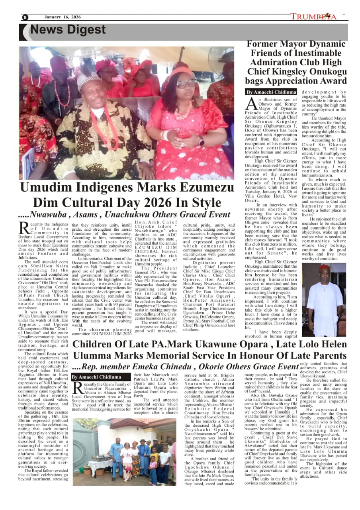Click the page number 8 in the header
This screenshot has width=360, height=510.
(25, 17)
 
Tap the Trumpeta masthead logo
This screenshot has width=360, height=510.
(313, 16)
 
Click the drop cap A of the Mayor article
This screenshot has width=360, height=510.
(251, 104)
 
